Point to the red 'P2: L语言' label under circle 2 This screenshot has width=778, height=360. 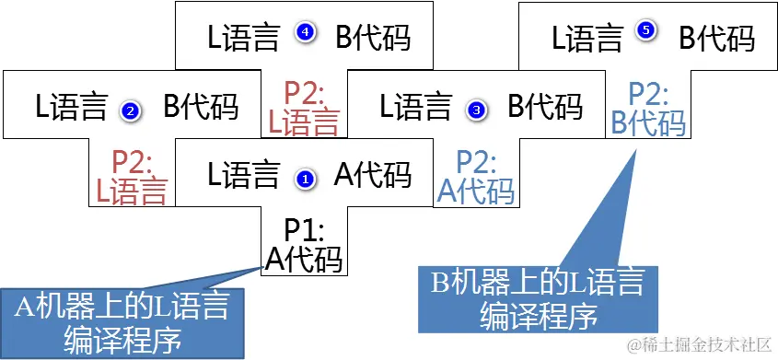(132, 178)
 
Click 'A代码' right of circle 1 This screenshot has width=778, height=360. (372, 174)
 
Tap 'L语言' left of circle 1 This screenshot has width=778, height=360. (243, 174)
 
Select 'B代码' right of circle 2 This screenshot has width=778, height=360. (201, 108)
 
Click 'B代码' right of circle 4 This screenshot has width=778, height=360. (373, 38)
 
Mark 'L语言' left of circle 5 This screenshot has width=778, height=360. (586, 38)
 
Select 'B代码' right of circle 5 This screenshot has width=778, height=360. (716, 38)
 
